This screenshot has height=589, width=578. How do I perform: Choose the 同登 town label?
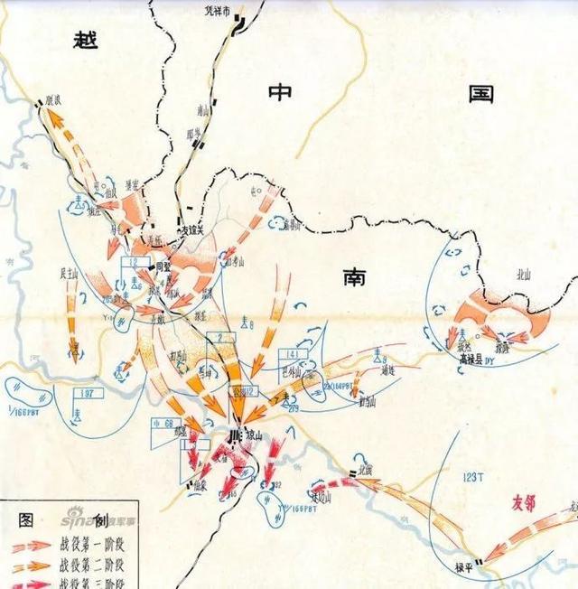click(x=163, y=268)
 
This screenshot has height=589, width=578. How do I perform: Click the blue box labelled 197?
click(x=88, y=394)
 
